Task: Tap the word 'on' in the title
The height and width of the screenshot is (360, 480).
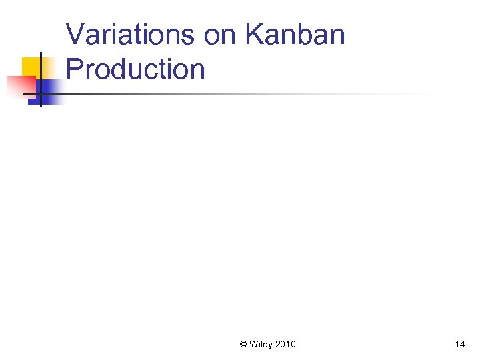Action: (x=219, y=35)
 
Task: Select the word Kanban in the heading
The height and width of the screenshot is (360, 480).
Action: (x=294, y=35)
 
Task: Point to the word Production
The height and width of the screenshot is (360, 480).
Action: (x=135, y=69)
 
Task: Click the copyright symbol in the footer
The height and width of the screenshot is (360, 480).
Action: (x=243, y=344)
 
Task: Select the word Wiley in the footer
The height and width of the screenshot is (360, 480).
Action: (x=261, y=344)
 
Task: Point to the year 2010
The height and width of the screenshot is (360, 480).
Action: (x=285, y=344)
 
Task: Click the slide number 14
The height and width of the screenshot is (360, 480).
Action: (x=459, y=344)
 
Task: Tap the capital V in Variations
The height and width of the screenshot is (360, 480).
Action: (x=75, y=35)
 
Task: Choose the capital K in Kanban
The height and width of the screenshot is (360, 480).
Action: (x=253, y=35)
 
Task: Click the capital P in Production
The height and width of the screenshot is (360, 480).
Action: (x=75, y=69)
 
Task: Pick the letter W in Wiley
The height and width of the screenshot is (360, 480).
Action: (x=254, y=344)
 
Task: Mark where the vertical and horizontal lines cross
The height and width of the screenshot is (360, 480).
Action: (x=41, y=95)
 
